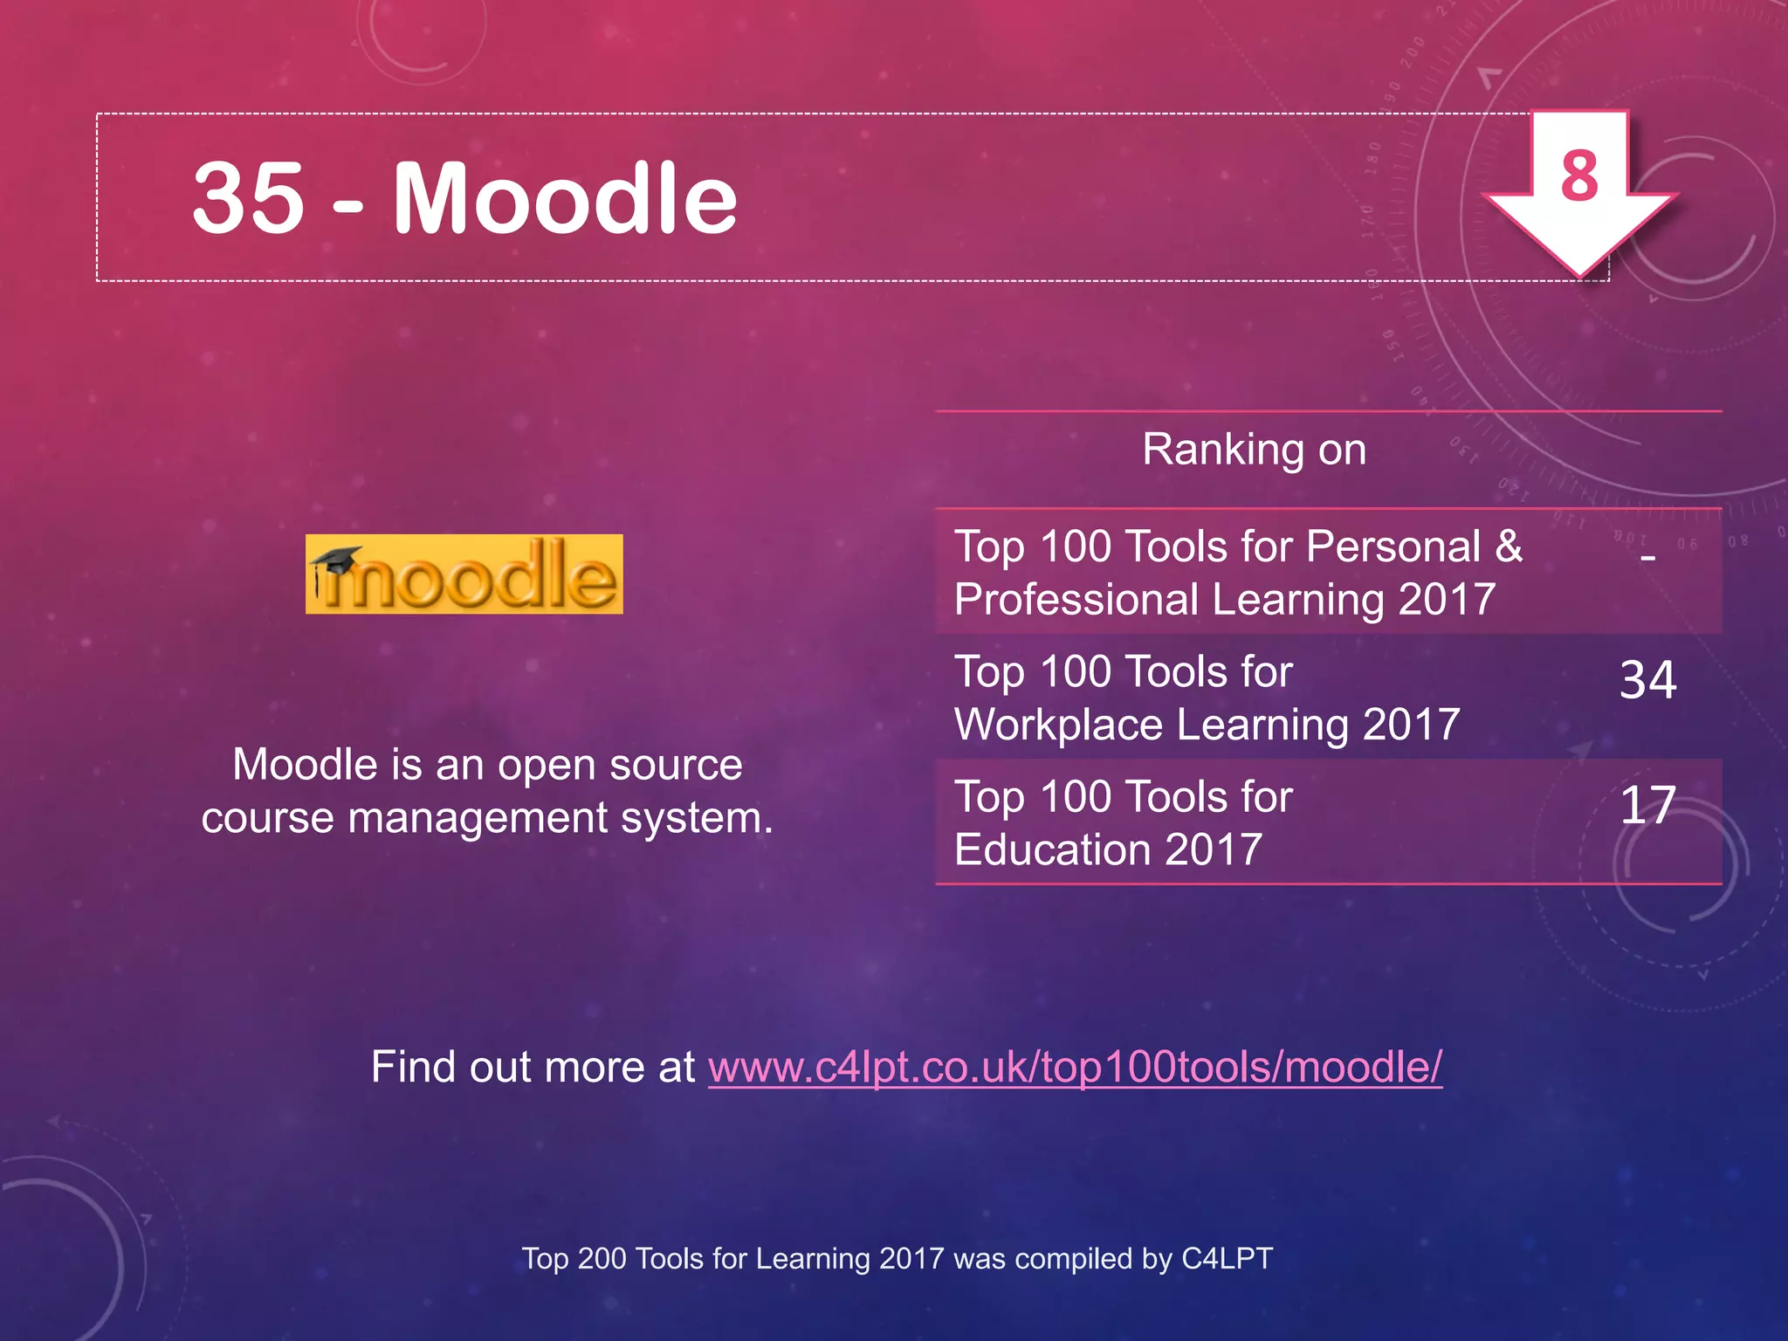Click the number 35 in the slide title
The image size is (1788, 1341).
click(248, 199)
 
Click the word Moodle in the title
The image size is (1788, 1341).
click(565, 199)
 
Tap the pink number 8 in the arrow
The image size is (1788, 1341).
click(1579, 175)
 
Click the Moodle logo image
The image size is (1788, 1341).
click(464, 574)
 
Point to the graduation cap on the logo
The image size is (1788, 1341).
click(336, 560)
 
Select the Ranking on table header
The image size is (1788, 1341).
click(1254, 450)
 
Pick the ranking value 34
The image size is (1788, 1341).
click(1647, 680)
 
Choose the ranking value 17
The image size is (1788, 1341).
click(1647, 805)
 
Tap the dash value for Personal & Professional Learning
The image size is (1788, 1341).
click(1647, 556)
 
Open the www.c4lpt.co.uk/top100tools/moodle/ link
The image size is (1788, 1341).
click(1075, 1067)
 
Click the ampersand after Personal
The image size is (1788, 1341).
click(1509, 547)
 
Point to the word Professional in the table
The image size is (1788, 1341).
click(1076, 600)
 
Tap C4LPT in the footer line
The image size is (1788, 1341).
click(1227, 1259)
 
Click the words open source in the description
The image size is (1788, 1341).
click(620, 765)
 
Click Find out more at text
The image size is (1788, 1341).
click(533, 1067)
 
